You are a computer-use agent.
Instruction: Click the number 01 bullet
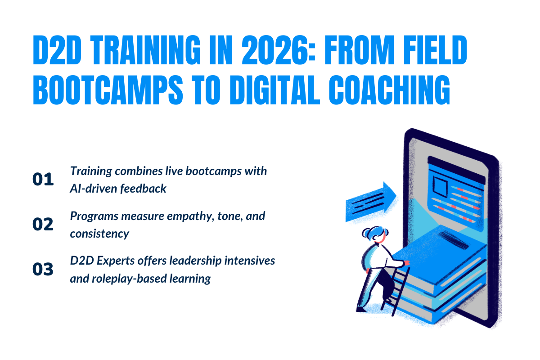coord(43,179)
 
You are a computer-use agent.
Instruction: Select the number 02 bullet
coord(43,224)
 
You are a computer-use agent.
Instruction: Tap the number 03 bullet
coord(43,269)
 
